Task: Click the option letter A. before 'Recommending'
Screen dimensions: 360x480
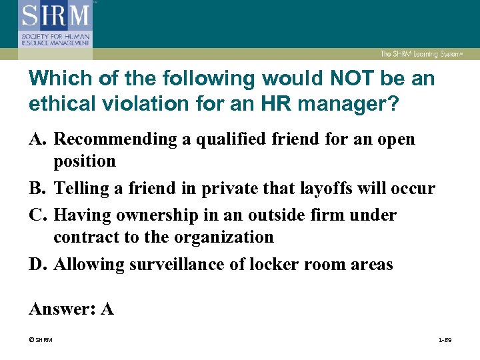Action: coord(38,139)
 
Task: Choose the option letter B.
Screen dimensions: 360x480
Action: coord(38,189)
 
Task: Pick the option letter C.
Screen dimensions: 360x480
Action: coord(38,215)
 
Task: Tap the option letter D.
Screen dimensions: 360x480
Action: coord(38,265)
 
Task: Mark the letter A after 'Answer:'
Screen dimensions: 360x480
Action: coord(106,309)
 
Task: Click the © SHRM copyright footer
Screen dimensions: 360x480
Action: coord(40,341)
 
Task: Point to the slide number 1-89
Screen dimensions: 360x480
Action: coord(445,341)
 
